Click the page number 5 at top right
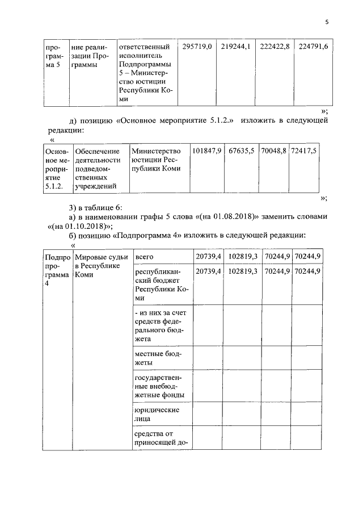pos(327,22)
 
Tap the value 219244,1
pos(236,46)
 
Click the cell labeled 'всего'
pos(144,257)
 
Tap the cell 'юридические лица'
pos(157,414)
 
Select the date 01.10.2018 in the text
pos(80,225)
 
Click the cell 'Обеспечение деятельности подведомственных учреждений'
pos(98,168)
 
